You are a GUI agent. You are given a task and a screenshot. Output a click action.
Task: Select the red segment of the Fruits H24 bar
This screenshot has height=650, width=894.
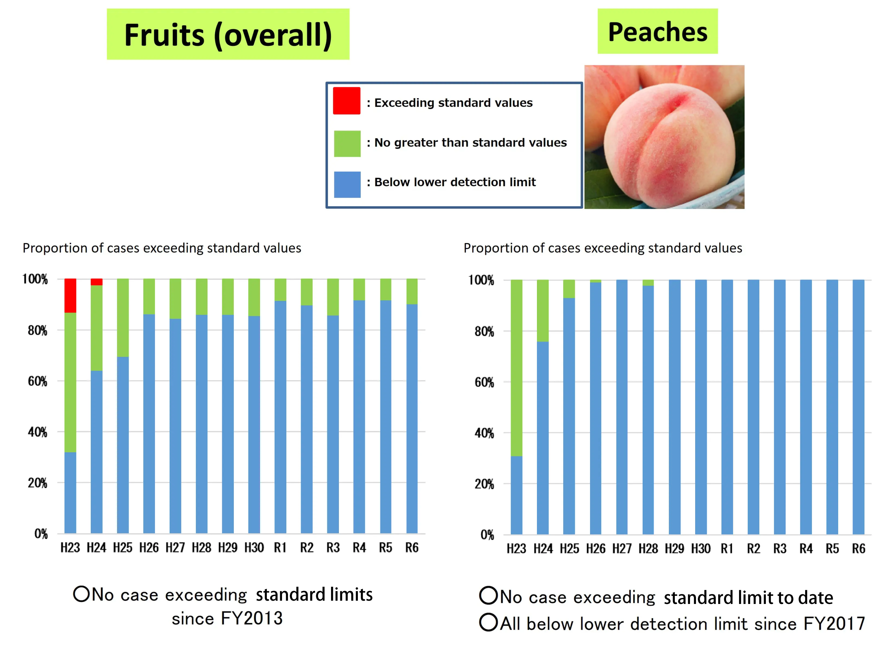click(x=96, y=282)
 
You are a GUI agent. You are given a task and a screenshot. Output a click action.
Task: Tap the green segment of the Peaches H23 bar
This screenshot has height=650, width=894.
click(x=516, y=367)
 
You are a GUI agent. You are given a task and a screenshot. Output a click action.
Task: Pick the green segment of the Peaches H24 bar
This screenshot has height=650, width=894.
click(x=543, y=311)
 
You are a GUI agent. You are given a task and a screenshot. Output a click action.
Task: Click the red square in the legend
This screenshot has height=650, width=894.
click(x=346, y=101)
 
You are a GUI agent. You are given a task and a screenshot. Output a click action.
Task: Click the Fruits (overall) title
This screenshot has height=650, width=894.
click(x=228, y=35)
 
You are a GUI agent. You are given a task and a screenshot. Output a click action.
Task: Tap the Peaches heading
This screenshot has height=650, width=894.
click(x=657, y=31)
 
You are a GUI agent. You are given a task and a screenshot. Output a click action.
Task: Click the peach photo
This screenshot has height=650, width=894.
click(x=664, y=137)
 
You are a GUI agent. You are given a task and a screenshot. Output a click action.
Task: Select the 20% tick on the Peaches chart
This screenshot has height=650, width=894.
click(x=484, y=484)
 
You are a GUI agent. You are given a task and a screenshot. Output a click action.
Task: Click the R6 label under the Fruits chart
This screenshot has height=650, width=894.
click(x=412, y=548)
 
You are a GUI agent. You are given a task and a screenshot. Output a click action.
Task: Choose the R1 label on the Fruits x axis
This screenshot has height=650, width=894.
click(x=280, y=548)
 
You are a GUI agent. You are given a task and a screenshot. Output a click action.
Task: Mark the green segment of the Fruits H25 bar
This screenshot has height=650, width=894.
click(x=123, y=317)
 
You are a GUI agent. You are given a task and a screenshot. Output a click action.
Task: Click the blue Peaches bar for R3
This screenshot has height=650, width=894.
click(x=779, y=406)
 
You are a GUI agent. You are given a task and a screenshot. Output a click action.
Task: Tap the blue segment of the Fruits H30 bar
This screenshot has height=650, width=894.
click(x=254, y=424)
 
